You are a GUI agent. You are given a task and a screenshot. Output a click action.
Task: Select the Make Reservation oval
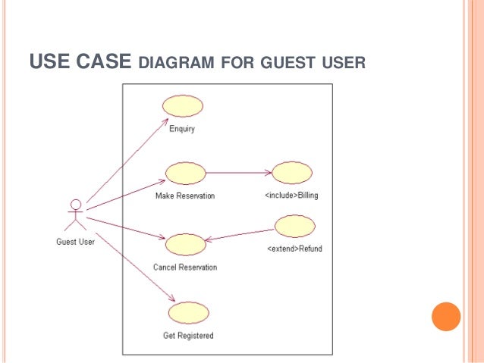(185, 174)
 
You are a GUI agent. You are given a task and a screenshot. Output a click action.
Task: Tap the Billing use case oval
(292, 173)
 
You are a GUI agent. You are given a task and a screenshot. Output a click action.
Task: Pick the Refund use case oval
(294, 226)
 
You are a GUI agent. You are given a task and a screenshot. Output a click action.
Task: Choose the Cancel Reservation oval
(185, 244)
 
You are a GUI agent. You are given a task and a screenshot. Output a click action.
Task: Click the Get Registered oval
(188, 312)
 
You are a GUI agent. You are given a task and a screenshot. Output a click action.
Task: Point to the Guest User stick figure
(74, 214)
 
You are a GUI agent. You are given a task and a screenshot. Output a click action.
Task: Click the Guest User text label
(75, 243)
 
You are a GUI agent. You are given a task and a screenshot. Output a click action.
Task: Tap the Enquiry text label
(182, 129)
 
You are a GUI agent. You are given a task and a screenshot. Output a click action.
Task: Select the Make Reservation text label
(185, 196)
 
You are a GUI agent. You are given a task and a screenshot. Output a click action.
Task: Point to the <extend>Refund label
(295, 249)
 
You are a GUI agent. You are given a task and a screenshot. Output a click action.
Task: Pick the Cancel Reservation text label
(185, 267)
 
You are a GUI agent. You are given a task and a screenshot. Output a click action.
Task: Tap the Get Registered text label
(188, 335)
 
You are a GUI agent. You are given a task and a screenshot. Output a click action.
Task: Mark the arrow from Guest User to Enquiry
(125, 161)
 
